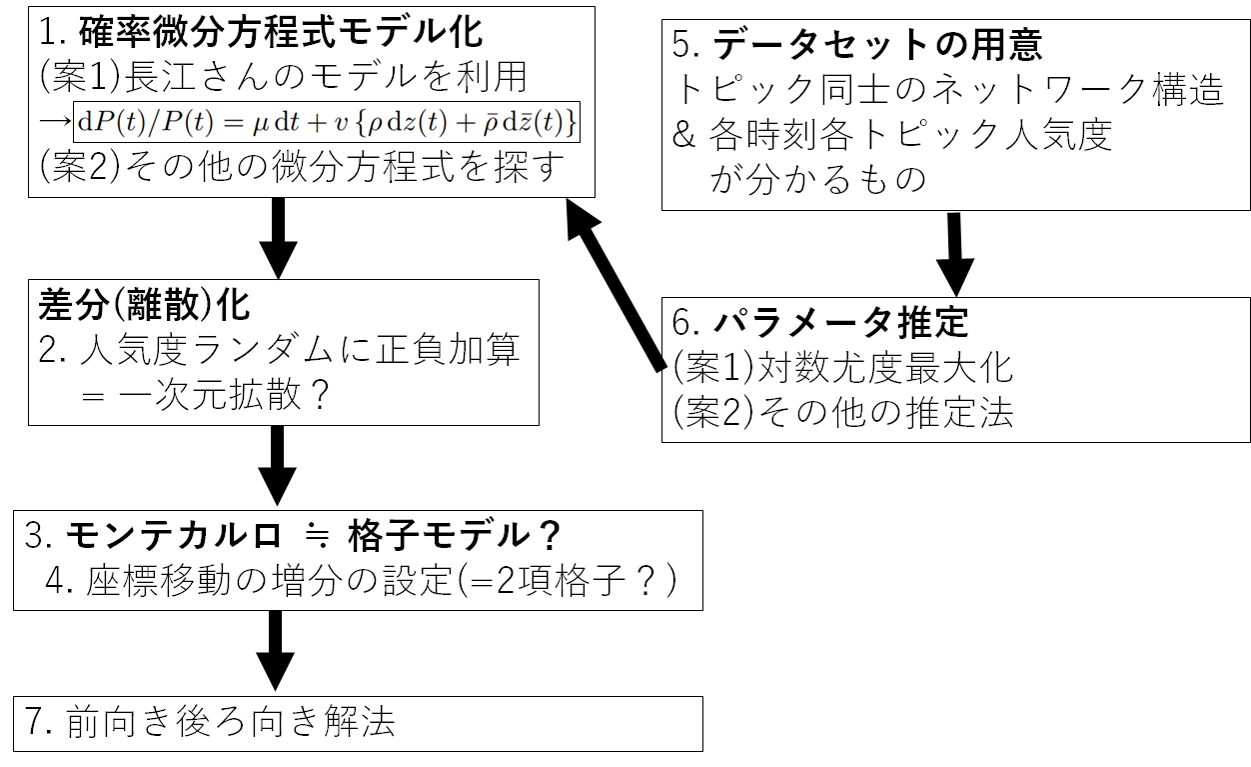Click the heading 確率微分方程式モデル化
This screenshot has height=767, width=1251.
[280, 32]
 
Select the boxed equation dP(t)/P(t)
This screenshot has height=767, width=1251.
[328, 123]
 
